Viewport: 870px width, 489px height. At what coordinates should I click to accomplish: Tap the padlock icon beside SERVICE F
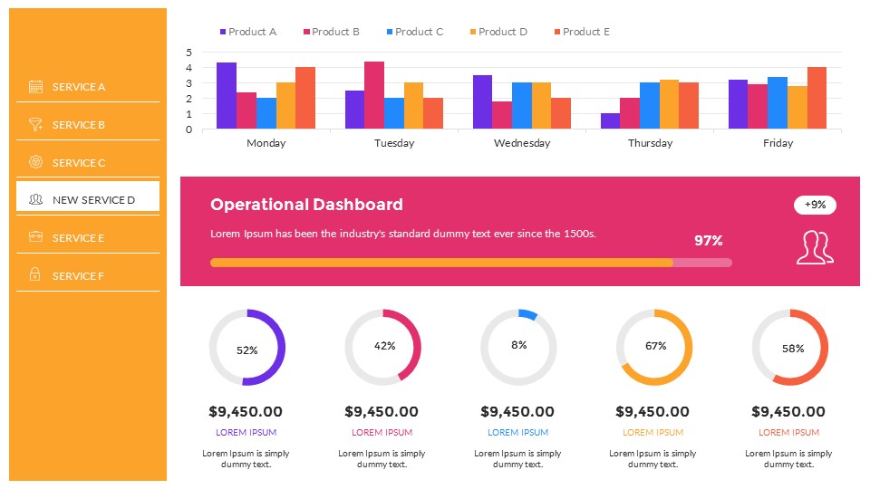[x=35, y=274]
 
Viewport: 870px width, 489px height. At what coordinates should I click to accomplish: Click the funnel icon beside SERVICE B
[x=35, y=125]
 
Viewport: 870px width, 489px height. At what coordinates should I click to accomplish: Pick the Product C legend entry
[x=414, y=32]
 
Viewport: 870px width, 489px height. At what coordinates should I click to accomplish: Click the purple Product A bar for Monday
[x=226, y=96]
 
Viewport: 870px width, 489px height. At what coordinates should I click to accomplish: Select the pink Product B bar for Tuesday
[x=374, y=95]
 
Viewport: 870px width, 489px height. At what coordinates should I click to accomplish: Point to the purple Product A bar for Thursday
[x=610, y=120]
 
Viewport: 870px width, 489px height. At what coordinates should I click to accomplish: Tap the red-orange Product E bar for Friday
[x=817, y=98]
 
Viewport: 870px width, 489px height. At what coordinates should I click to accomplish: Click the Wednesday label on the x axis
[x=522, y=143]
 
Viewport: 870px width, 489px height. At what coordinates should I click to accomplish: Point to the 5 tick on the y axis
[x=188, y=53]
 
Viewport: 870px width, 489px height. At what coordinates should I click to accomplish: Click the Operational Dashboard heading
[x=306, y=205]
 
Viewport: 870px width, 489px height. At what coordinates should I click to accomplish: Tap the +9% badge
[x=815, y=205]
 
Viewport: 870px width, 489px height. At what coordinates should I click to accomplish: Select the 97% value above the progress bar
[x=709, y=241]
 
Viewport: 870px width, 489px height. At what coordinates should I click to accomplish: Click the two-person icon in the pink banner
[x=814, y=247]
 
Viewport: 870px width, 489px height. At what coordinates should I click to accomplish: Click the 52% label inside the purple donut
[x=246, y=350]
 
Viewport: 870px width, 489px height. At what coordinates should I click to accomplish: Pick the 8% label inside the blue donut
[x=518, y=345]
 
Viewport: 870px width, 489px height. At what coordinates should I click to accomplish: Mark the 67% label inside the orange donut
[x=655, y=346]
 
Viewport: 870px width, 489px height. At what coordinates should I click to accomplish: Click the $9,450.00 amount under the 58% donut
[x=788, y=412]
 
